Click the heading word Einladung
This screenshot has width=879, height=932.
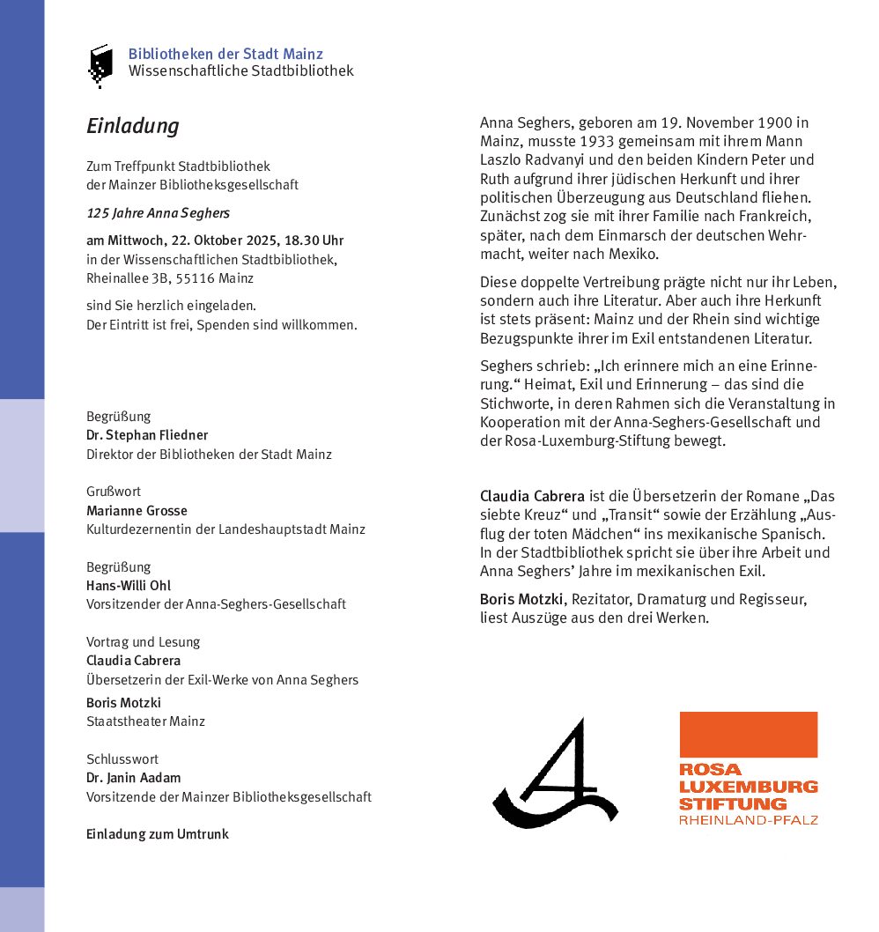click(132, 126)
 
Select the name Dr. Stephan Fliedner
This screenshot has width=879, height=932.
click(147, 435)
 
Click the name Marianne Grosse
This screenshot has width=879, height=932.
click(137, 511)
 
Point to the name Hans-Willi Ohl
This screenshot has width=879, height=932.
click(129, 586)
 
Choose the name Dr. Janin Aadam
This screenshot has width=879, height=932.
click(133, 778)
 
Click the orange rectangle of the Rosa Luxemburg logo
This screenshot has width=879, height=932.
click(748, 734)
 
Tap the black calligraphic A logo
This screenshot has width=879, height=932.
click(554, 774)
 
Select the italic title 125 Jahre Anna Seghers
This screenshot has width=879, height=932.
click(159, 213)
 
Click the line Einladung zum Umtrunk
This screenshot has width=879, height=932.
click(158, 834)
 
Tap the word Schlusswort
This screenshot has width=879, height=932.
click(122, 758)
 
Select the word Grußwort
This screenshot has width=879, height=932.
click(114, 492)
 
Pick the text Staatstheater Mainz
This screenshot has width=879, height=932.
click(145, 721)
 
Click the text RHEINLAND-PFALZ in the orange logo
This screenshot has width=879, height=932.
click(748, 820)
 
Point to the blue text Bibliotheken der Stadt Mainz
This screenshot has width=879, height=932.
click(225, 55)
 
